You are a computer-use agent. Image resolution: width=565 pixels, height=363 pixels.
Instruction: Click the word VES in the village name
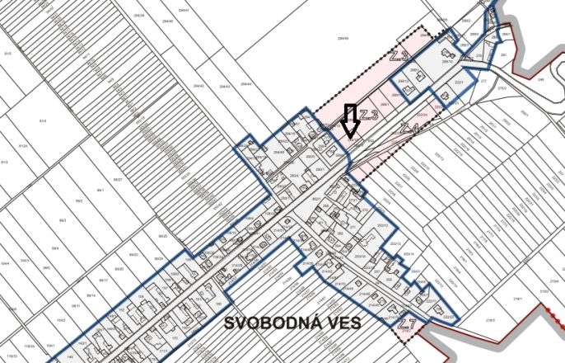tap(343, 323)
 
